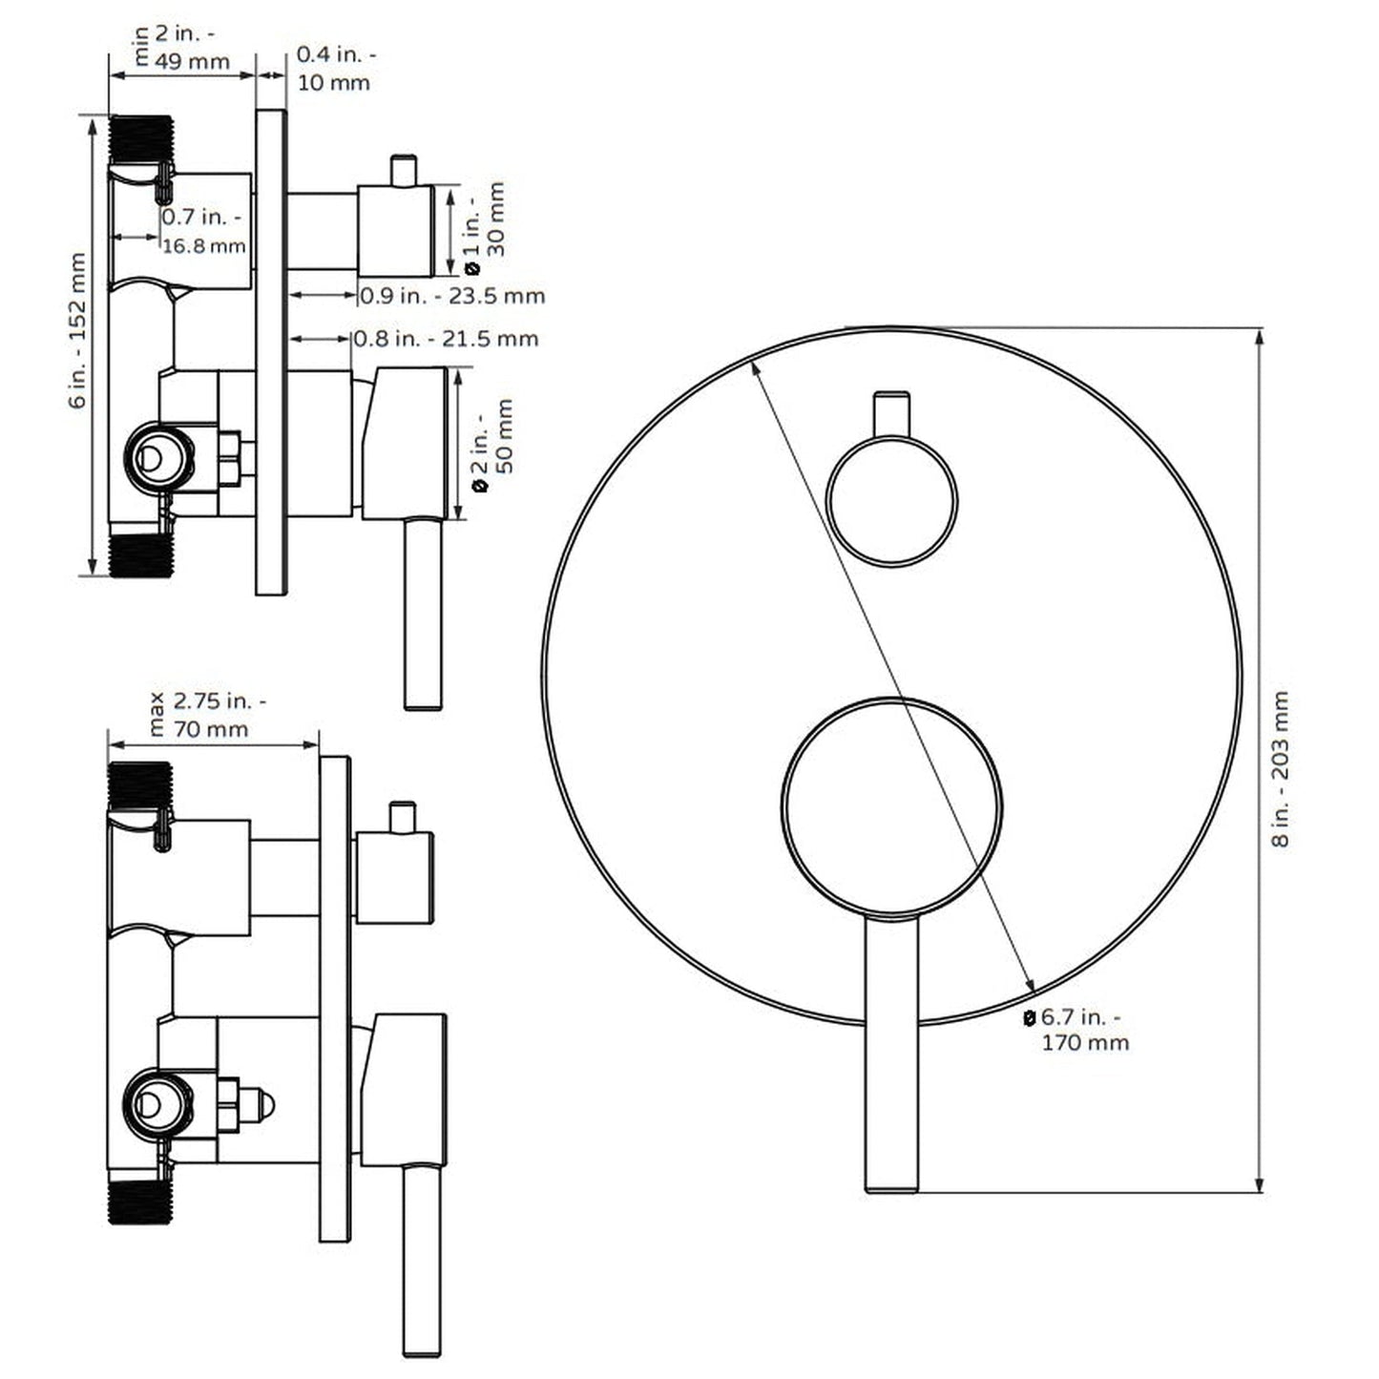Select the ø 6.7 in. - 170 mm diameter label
(1078, 1030)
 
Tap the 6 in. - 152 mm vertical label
(78, 330)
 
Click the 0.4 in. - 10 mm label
(333, 69)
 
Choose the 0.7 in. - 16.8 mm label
(203, 232)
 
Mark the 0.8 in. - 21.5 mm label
(446, 339)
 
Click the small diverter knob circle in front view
(891, 500)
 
